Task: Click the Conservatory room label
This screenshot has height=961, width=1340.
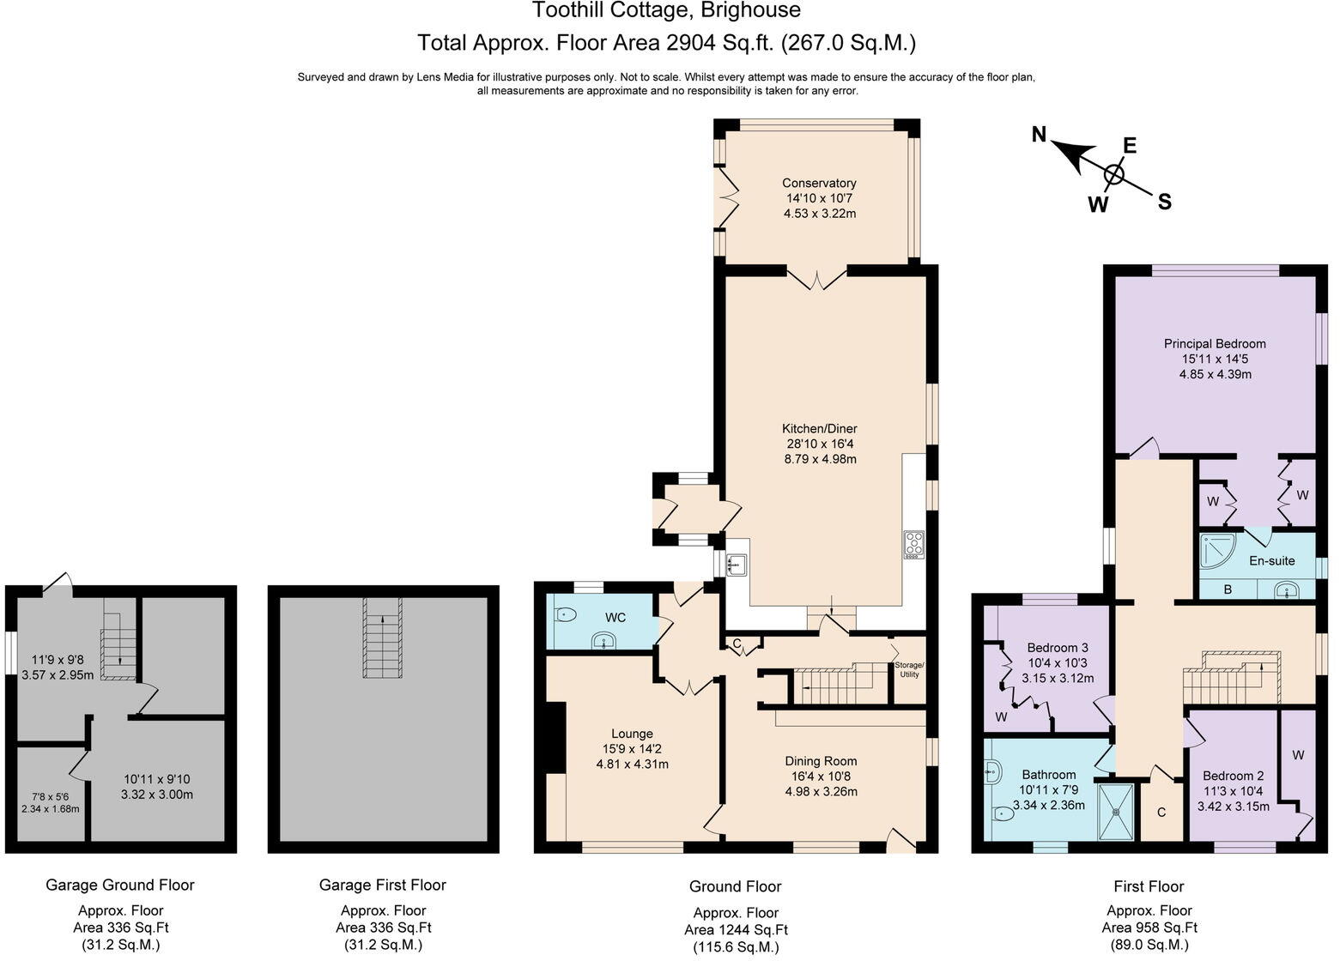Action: tap(819, 183)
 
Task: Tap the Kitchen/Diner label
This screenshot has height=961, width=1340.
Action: tap(820, 428)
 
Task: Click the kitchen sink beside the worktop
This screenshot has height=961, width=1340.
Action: tap(737, 565)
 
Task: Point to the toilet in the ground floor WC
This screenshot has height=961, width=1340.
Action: tap(565, 614)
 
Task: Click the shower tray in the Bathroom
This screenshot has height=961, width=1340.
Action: tap(1116, 812)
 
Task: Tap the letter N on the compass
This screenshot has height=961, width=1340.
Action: tap(1039, 135)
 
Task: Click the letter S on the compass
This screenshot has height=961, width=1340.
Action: tap(1164, 202)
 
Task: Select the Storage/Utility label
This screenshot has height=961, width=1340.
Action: tap(909, 669)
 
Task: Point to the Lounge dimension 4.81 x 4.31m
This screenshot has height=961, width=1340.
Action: tap(633, 764)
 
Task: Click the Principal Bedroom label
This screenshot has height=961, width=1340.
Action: tap(1215, 343)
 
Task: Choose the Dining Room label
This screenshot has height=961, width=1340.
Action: tap(821, 761)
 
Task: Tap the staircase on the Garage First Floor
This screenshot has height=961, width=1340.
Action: tap(383, 638)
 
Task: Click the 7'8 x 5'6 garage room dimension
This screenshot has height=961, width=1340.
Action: tap(51, 796)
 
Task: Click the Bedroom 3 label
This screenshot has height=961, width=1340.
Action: tap(1058, 647)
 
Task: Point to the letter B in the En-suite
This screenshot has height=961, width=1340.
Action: tap(1228, 589)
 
